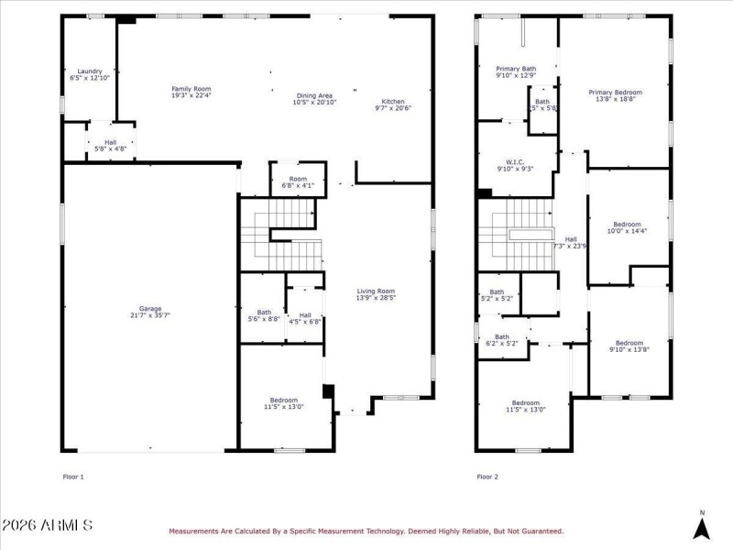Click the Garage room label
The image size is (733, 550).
(150, 309)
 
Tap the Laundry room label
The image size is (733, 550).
(89, 71)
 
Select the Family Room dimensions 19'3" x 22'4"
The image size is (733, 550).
(191, 95)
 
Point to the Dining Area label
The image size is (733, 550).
(313, 95)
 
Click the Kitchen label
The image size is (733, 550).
(393, 102)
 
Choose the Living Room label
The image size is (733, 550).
(376, 291)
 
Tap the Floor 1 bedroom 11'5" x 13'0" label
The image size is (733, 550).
(283, 403)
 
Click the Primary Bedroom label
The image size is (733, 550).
(615, 93)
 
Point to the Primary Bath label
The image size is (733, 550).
(516, 69)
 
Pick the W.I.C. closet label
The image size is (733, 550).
(514, 162)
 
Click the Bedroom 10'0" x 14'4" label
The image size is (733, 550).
(628, 225)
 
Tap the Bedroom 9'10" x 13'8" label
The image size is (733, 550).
(629, 343)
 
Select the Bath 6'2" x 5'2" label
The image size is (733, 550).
(502, 336)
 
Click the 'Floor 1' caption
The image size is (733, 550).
(73, 477)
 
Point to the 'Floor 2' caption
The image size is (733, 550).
(487, 477)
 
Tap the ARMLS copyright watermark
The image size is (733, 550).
(48, 525)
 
